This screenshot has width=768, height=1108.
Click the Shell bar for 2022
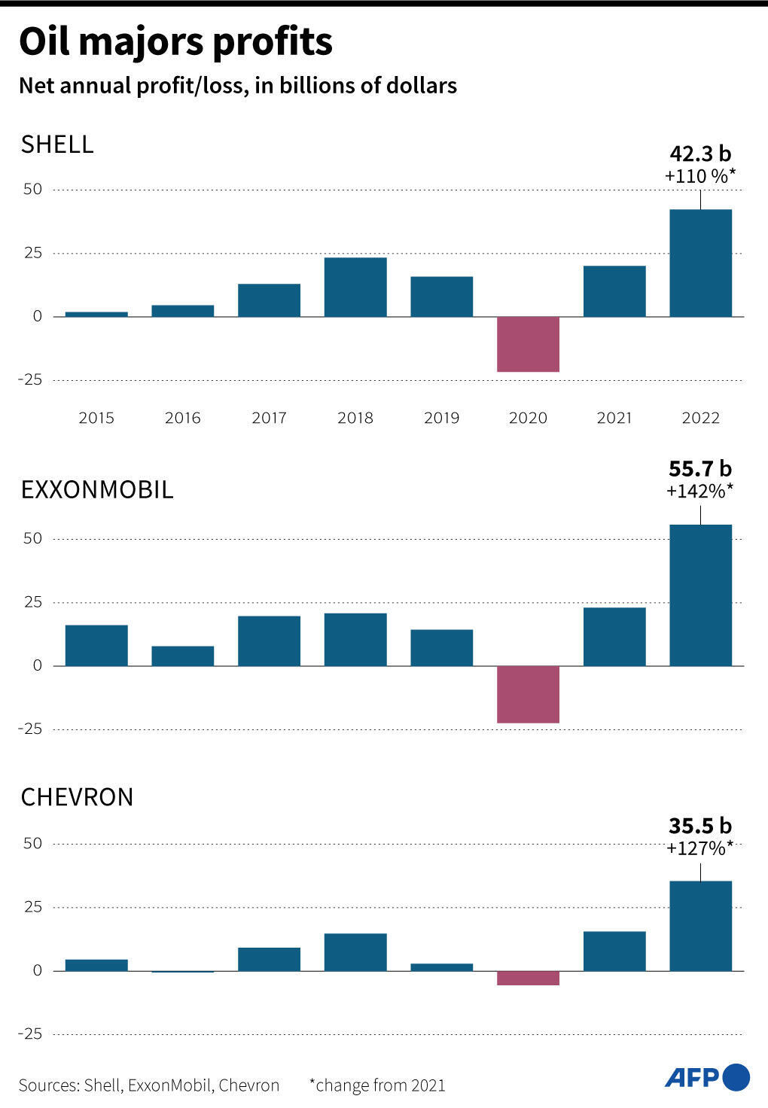tap(700, 263)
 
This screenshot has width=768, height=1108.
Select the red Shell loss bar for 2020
tap(528, 344)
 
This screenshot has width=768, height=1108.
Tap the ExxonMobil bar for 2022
tap(700, 595)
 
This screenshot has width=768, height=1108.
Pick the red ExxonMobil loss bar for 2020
tap(528, 694)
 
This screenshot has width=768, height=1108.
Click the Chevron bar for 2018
tap(355, 952)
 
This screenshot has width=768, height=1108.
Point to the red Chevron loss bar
tap(528, 978)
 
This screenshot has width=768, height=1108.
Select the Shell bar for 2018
tap(355, 287)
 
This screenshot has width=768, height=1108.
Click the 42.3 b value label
tap(700, 154)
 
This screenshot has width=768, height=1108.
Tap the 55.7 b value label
tap(700, 469)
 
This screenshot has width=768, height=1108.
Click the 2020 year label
tap(528, 418)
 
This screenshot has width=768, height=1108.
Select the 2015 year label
tap(96, 418)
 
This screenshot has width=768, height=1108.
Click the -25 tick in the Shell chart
tap(30, 379)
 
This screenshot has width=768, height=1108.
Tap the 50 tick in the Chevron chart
tap(32, 843)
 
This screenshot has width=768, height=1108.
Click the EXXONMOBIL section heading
tap(97, 490)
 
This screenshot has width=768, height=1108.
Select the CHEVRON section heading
tap(77, 797)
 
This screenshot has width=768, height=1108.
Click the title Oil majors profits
tap(175, 42)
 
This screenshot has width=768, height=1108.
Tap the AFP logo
tap(706, 1077)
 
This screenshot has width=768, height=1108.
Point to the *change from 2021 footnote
tap(377, 1085)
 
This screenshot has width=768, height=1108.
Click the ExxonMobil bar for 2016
tap(183, 656)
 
